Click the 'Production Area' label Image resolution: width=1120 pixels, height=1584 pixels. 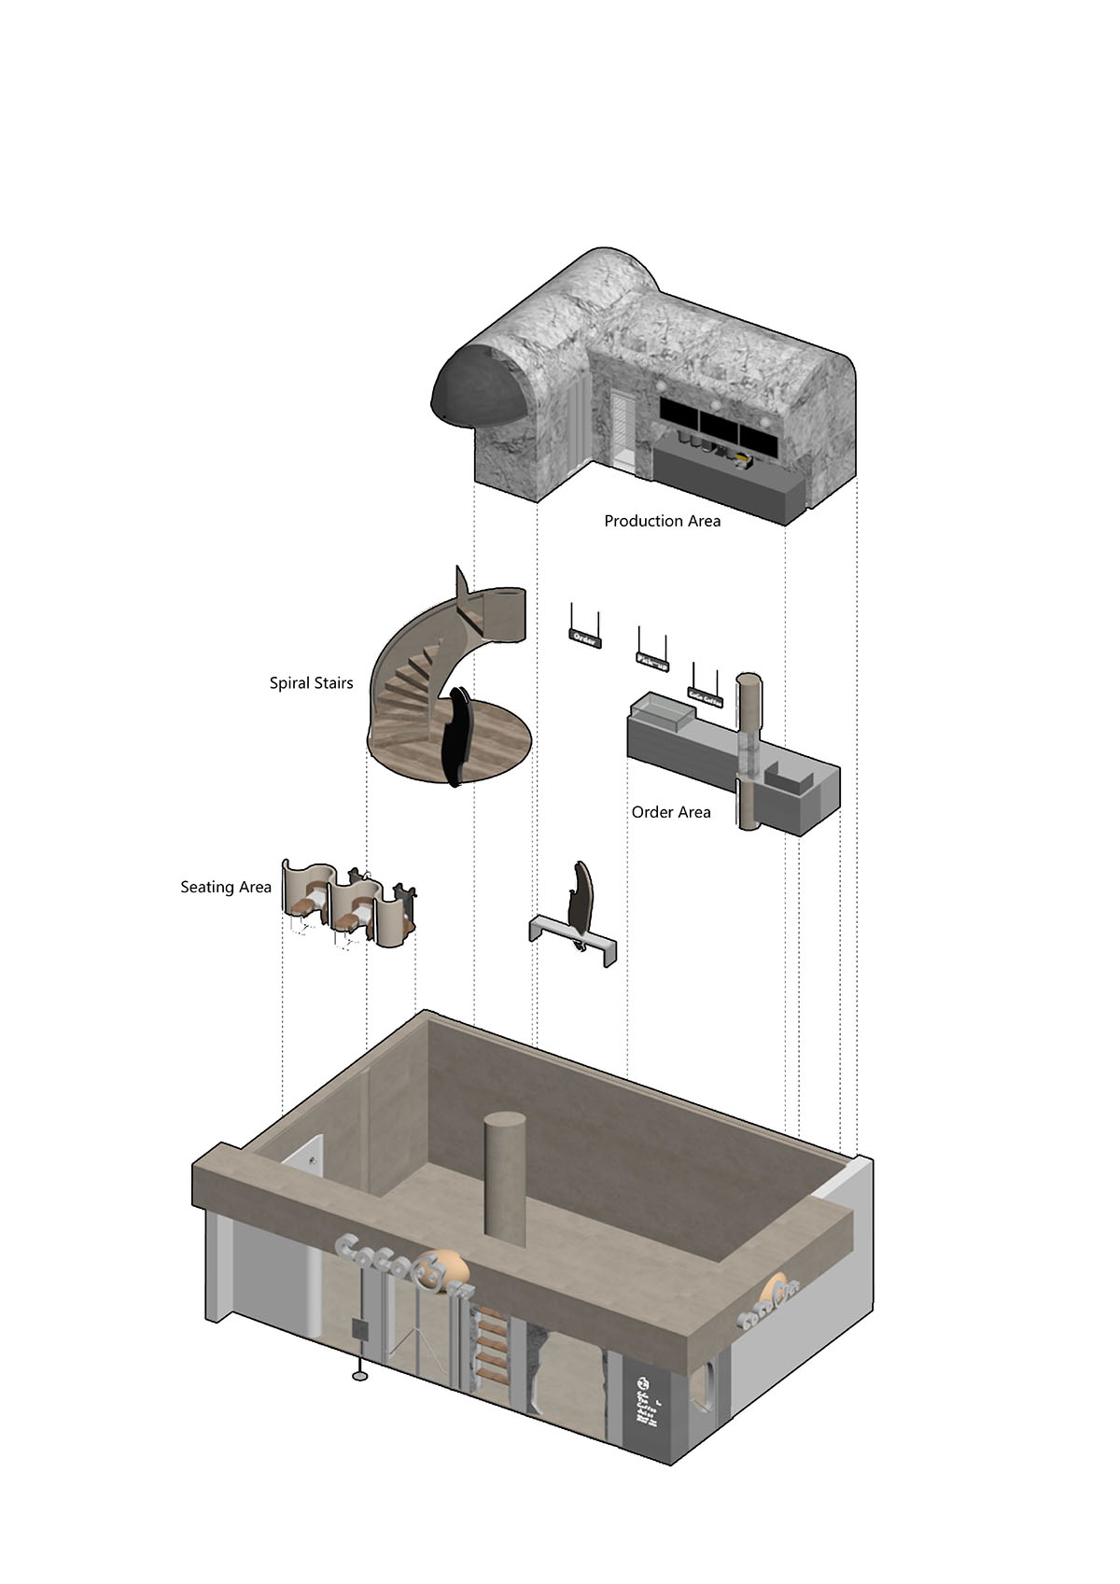coord(662,521)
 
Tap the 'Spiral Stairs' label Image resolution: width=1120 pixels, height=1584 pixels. coord(311,683)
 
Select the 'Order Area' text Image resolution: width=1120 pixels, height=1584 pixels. coord(670,812)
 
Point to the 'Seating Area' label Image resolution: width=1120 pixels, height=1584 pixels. coord(225,887)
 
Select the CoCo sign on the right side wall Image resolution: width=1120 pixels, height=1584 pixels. coord(772,1302)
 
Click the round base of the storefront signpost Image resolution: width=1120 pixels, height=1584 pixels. coord(359,1375)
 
